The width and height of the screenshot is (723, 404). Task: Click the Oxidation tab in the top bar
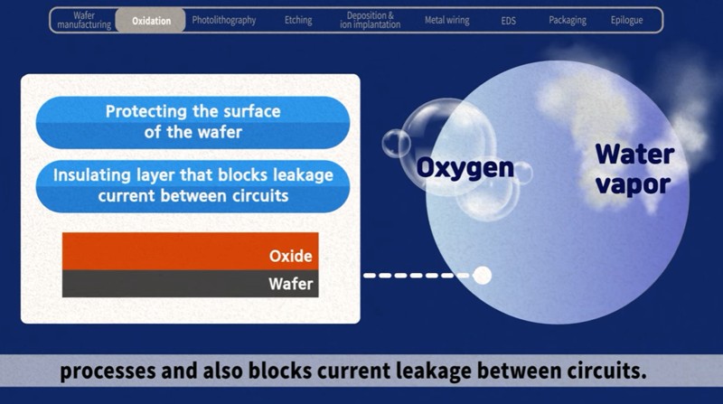click(151, 20)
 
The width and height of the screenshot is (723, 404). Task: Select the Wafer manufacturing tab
click(84, 20)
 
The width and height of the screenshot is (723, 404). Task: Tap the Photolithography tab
click(223, 20)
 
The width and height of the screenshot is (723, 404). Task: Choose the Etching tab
click(298, 20)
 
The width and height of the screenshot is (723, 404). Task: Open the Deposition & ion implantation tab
click(370, 20)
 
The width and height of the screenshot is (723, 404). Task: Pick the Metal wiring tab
click(446, 20)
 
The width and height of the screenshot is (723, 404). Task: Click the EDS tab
click(508, 21)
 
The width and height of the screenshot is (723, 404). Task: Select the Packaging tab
click(568, 20)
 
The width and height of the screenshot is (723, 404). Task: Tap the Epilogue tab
click(626, 20)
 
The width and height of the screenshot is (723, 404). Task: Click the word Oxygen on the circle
click(465, 168)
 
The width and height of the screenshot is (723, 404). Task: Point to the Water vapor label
click(634, 169)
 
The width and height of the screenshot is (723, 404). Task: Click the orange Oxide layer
click(191, 251)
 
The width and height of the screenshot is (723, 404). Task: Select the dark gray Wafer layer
click(191, 284)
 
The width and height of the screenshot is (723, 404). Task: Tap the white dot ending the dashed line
click(483, 276)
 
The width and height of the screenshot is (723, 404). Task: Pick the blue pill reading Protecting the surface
click(192, 122)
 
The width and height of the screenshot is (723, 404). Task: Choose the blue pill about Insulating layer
click(192, 186)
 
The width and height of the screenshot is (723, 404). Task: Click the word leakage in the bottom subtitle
click(436, 371)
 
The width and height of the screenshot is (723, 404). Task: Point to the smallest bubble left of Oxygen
click(396, 144)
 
